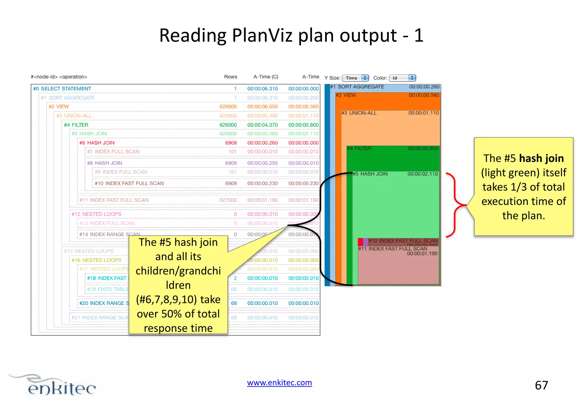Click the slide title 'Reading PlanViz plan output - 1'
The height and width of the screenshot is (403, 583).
point(291,36)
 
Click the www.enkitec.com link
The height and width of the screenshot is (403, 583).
point(279,383)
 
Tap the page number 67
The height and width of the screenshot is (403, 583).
point(541,385)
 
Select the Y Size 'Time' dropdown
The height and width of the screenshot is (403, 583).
point(355,78)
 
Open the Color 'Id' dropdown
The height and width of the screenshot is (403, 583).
point(402,78)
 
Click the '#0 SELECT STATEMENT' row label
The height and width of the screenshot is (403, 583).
point(62,89)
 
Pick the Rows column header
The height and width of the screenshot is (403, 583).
point(230,77)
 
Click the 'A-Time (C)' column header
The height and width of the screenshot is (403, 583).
point(266,77)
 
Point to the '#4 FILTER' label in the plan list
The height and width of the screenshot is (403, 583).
point(76,125)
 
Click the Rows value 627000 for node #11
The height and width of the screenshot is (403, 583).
point(228,200)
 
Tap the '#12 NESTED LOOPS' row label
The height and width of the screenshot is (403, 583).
point(96,214)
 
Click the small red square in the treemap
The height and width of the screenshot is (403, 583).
point(360,242)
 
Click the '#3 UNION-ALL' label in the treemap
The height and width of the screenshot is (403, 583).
point(359,113)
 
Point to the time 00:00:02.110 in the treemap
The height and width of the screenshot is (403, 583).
point(422,174)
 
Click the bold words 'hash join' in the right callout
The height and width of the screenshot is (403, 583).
point(541,158)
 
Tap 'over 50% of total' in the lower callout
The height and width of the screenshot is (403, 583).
point(178,314)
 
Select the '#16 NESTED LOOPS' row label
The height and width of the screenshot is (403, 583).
point(96,260)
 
